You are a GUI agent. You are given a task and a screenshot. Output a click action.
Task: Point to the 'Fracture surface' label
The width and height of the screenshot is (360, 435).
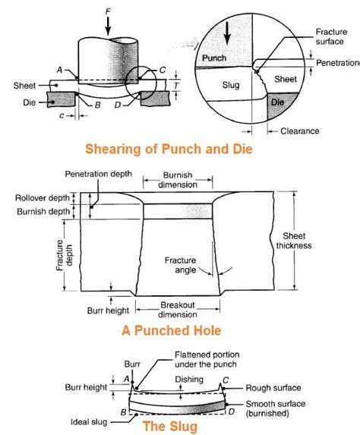(x=335, y=36)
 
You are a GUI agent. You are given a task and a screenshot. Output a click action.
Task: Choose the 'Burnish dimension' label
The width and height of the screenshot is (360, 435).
(x=178, y=179)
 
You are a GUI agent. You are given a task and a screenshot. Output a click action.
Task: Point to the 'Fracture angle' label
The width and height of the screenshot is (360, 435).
(x=181, y=265)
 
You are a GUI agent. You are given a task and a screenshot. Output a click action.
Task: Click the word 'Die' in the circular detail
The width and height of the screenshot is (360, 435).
(x=279, y=101)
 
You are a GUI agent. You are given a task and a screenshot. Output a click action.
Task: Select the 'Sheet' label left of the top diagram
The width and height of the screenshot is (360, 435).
(x=24, y=85)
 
